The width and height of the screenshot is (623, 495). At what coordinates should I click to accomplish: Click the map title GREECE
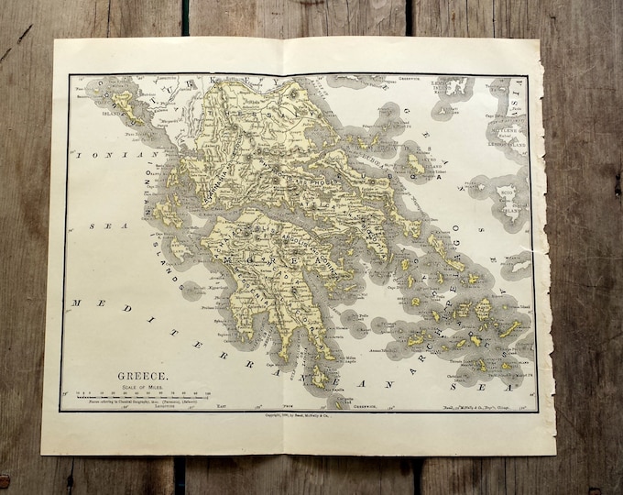142,375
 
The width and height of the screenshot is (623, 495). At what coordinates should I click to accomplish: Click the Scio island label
507,195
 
